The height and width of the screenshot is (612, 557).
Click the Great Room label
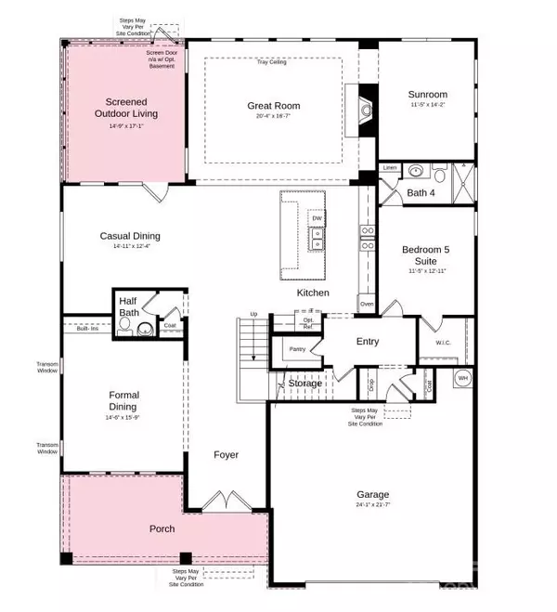coord(273,106)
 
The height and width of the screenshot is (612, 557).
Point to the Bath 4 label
coord(421,192)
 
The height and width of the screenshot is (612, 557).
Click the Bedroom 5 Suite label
coord(427,255)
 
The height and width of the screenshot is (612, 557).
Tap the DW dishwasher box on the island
coord(317,218)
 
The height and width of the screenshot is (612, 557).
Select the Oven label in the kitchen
coord(367,305)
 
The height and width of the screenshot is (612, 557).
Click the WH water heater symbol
coord(462,378)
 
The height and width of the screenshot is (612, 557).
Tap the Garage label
coord(373,495)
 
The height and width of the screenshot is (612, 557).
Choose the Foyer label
coord(226,455)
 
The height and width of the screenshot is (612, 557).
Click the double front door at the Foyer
coord(226,503)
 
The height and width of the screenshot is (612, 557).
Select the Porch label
coord(162,529)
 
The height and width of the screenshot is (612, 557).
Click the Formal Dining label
coord(123,400)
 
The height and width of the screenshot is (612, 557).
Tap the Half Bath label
coord(129,307)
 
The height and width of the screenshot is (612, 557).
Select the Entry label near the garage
coord(368,342)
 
